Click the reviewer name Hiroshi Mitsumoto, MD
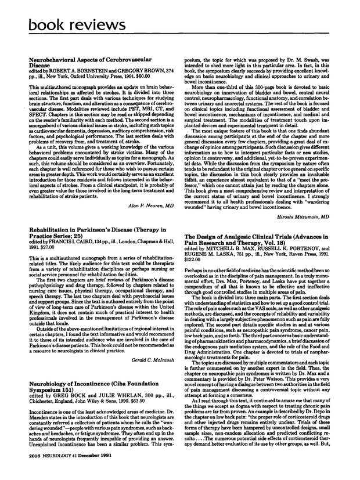tap(304, 215)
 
